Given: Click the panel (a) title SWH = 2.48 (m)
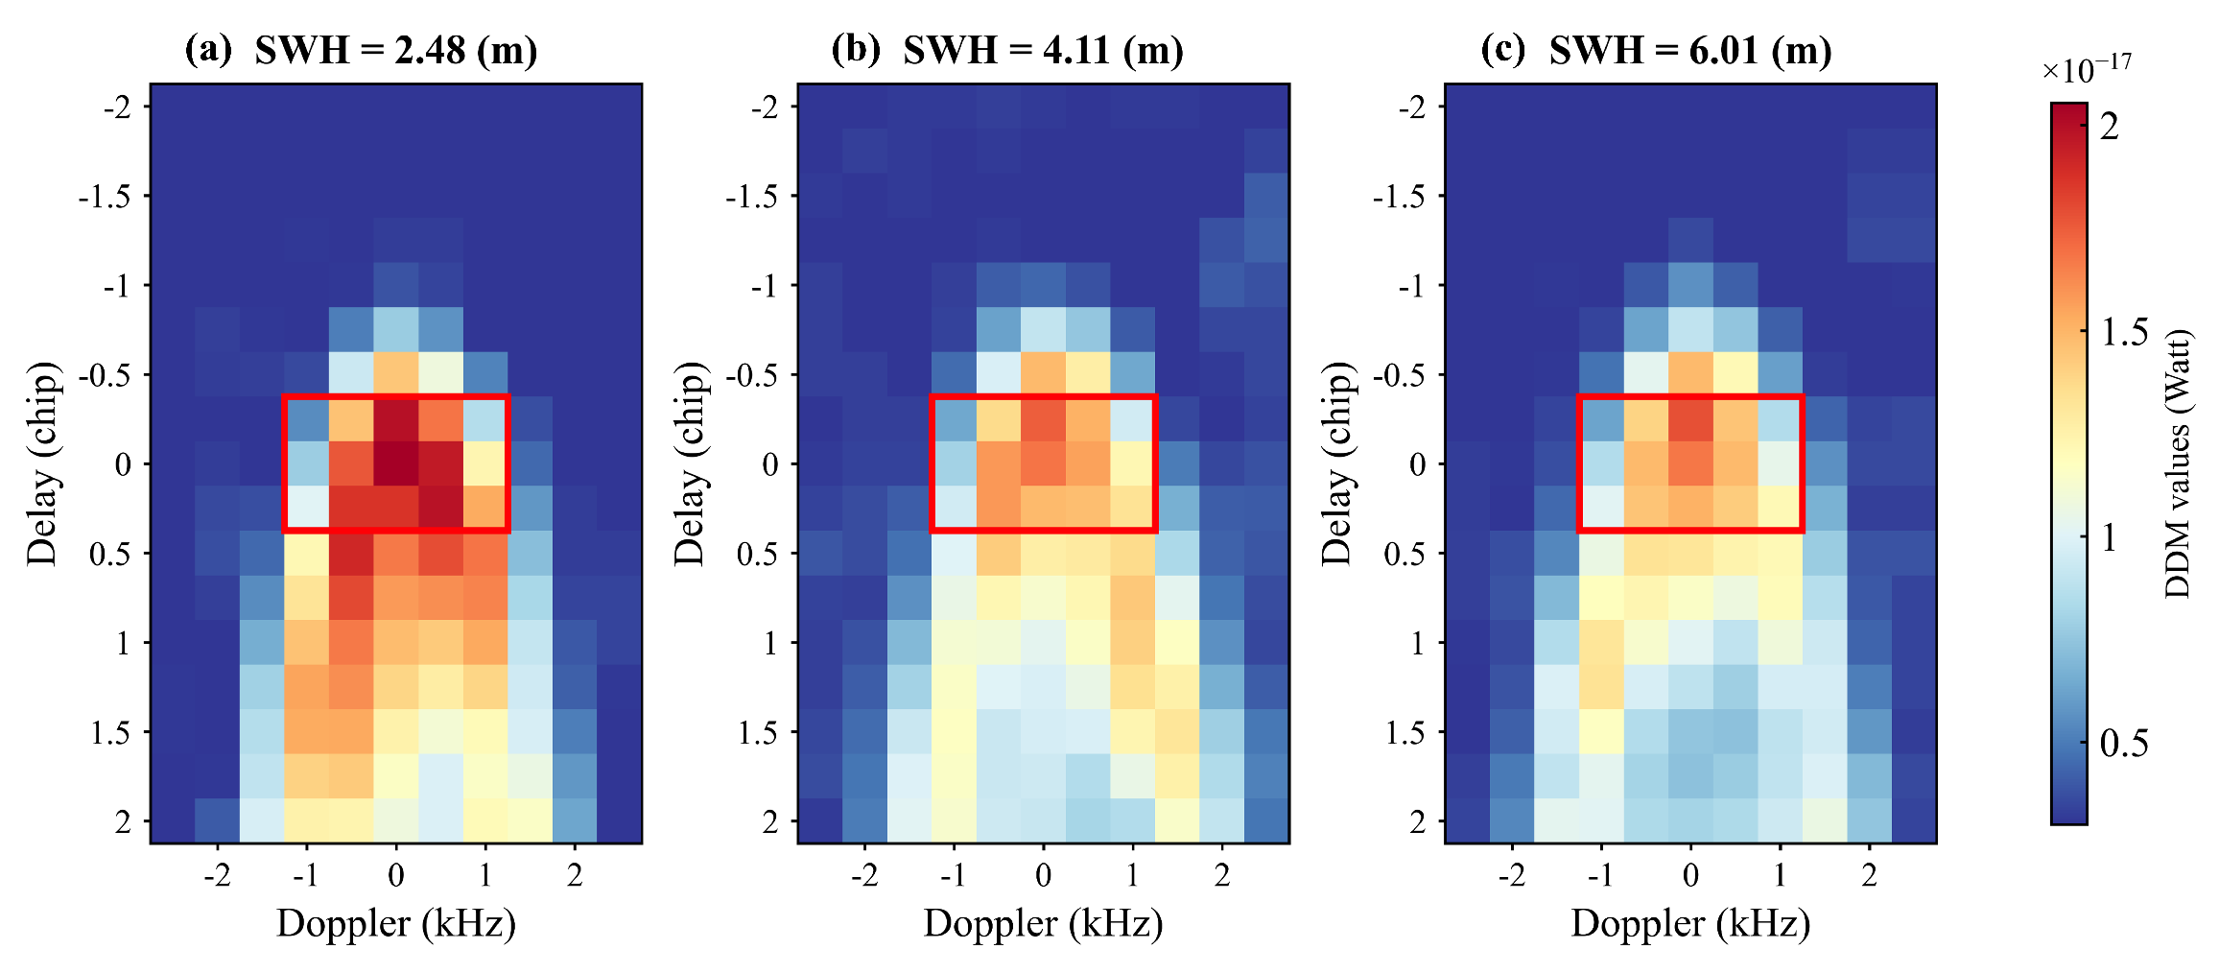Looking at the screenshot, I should [395, 50].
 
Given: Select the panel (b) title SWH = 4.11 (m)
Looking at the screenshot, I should [1043, 50].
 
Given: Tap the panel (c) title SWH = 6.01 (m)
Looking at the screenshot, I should [1690, 50].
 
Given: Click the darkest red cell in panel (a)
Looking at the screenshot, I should [396, 463].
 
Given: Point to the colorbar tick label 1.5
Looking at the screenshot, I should [2124, 332].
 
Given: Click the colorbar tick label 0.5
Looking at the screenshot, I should [2124, 744].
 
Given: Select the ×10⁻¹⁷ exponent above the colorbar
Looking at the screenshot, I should [2086, 69].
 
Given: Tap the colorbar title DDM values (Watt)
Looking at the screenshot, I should [2178, 463].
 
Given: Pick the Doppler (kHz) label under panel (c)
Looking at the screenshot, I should [1690, 923].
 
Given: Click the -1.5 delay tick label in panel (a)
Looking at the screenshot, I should [105, 197].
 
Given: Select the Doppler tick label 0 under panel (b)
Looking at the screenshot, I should [1043, 875].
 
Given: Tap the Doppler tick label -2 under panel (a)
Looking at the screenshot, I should [217, 875].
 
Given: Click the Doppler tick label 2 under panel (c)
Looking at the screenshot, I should [1869, 875].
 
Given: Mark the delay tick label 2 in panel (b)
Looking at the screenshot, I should [770, 822].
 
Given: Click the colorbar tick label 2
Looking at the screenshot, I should [2110, 127].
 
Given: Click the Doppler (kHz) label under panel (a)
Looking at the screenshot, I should [395, 923].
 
